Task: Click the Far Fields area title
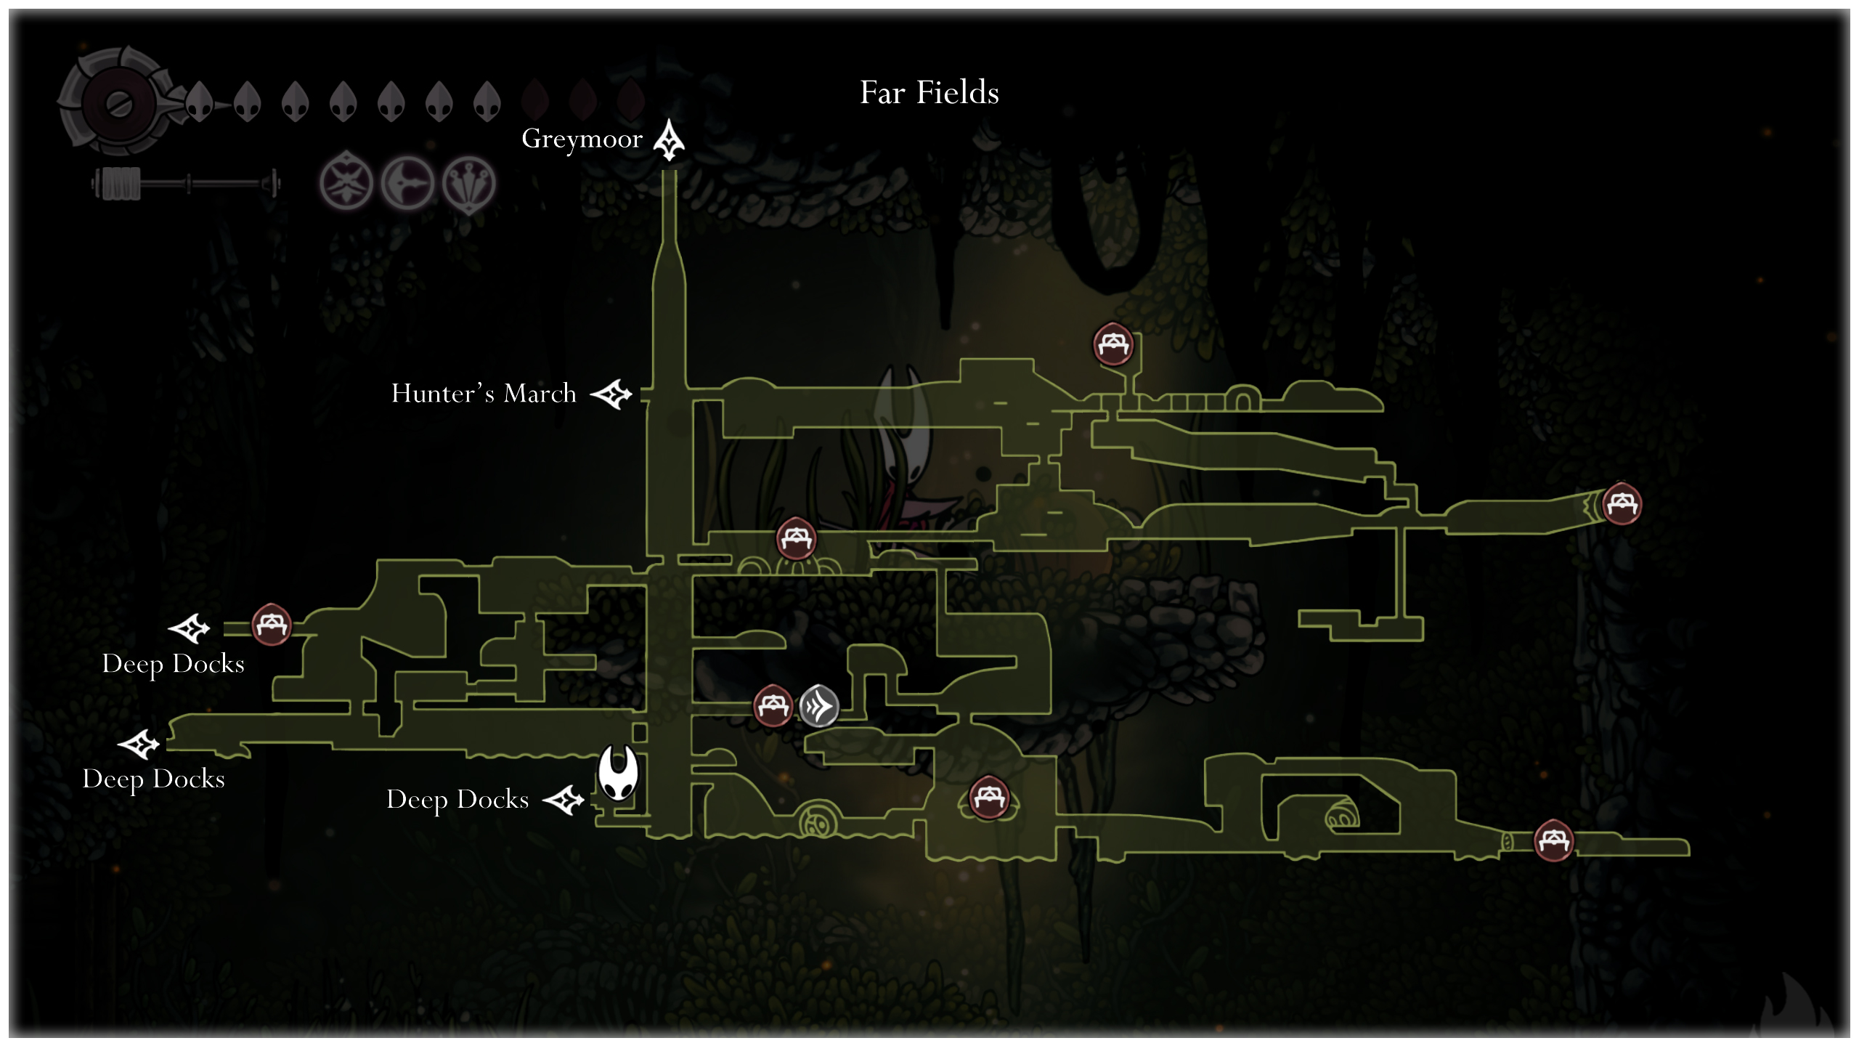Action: [x=929, y=93]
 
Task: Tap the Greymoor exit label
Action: [x=582, y=139]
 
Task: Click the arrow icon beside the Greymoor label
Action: [x=668, y=139]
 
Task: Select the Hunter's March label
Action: [x=484, y=394]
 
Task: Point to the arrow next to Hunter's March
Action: [x=611, y=394]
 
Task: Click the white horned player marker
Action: [x=618, y=773]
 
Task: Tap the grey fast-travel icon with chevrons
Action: [x=818, y=705]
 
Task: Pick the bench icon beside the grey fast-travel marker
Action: [x=772, y=705]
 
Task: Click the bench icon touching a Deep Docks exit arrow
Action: [x=272, y=625]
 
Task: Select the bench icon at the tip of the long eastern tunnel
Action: [x=1622, y=503]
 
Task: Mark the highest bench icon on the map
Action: [x=1112, y=344]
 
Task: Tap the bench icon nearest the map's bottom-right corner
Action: [x=1553, y=840]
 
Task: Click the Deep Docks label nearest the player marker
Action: [x=457, y=800]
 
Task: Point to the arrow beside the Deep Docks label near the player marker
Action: [x=564, y=800]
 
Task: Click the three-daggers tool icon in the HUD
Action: [x=469, y=184]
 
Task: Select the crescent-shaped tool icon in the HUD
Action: [x=407, y=184]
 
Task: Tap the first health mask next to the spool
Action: [x=199, y=102]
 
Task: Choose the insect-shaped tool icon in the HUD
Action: [x=346, y=184]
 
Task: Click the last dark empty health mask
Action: [x=630, y=100]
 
